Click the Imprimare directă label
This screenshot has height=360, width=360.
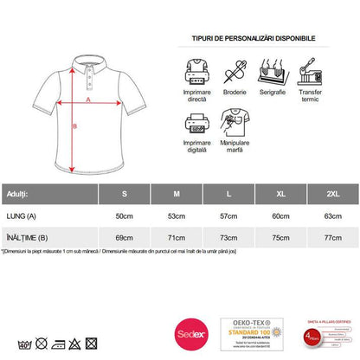tap(198, 93)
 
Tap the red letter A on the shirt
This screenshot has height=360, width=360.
tap(87, 100)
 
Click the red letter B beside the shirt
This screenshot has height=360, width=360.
tap(74, 126)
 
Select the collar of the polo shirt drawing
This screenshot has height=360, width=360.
tap(88, 57)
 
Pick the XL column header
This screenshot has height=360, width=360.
tap(279, 192)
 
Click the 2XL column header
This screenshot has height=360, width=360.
tap(330, 192)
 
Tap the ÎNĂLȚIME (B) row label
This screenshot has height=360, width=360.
tap(27, 235)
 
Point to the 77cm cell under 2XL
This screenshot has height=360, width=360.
tap(330, 235)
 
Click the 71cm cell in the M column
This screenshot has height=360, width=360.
tap(176, 235)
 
